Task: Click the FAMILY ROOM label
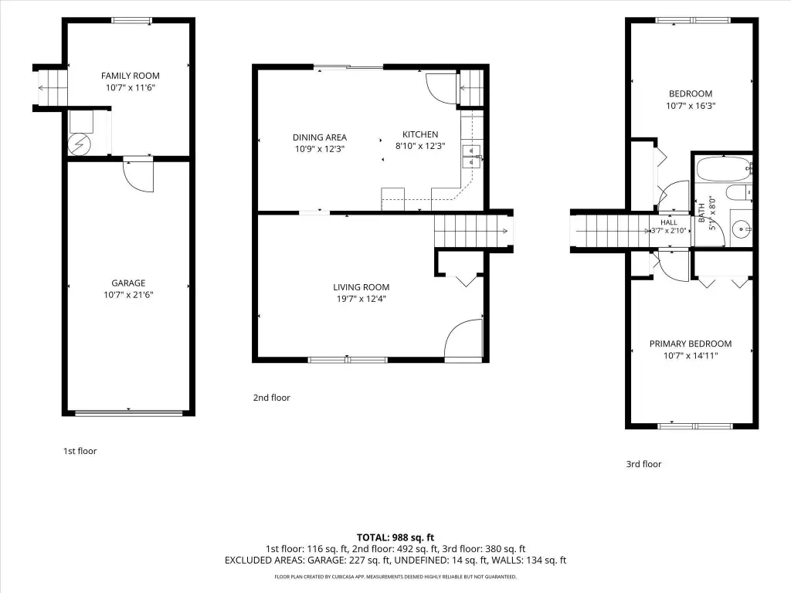coord(130,76)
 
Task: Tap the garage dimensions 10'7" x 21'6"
coord(129,295)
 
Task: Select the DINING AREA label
coord(320,137)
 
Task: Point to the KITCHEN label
coord(420,134)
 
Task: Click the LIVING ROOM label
coord(362,287)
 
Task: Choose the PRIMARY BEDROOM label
coord(691,344)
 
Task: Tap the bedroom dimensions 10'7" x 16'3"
coord(691,106)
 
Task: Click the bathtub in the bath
coord(724,169)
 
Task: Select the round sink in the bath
coord(742,230)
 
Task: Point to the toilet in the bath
coord(738,192)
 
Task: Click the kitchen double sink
coord(472,156)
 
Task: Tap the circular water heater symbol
coord(80,144)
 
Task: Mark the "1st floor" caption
coord(80,451)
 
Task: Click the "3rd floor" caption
coord(643,464)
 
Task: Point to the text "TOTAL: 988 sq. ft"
coord(395,537)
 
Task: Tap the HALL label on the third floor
coord(669,222)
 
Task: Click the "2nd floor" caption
coord(271,398)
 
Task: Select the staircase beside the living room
coord(472,231)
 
